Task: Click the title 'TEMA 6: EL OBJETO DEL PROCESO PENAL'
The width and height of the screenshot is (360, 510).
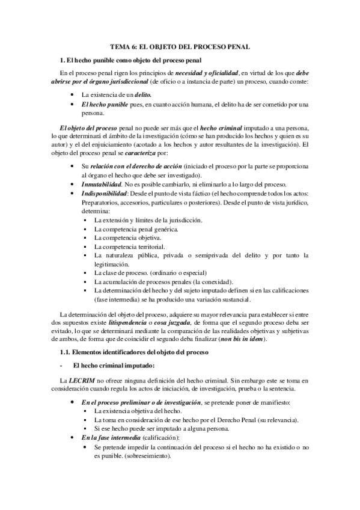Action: [180, 46]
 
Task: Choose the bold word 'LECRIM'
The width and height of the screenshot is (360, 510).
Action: [82, 381]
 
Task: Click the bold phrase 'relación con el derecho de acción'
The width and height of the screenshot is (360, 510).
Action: [133, 165]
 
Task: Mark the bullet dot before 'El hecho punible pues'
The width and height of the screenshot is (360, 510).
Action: [72, 104]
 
